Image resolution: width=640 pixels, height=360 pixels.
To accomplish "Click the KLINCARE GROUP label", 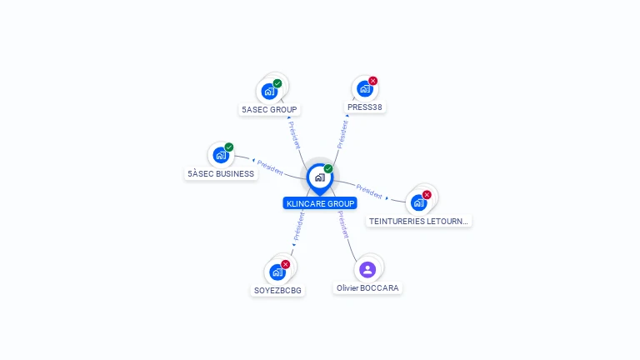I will pyautogui.click(x=320, y=203).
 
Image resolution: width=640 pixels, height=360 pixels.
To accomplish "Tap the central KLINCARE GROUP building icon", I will pyautogui.click(x=319, y=177).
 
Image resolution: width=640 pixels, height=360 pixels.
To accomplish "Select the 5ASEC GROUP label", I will pyautogui.click(x=269, y=109).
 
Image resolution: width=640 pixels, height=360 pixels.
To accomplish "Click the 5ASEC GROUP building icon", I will pyautogui.click(x=269, y=91).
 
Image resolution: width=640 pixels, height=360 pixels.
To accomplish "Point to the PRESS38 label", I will pyautogui.click(x=365, y=107).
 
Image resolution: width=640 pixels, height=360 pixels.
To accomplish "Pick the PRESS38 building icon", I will pyautogui.click(x=364, y=89).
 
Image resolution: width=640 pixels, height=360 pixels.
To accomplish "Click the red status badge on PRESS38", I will pyautogui.click(x=372, y=81).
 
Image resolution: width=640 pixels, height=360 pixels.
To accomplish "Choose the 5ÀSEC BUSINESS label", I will pyautogui.click(x=221, y=174).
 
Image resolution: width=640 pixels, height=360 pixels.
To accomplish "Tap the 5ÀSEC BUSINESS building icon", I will pyautogui.click(x=221, y=155).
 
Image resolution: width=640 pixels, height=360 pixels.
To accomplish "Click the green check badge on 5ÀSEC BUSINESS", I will pyautogui.click(x=229, y=147).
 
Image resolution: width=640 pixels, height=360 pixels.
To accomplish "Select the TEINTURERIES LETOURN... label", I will pyautogui.click(x=419, y=222).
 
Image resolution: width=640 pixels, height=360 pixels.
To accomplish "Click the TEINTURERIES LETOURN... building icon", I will pyautogui.click(x=418, y=202).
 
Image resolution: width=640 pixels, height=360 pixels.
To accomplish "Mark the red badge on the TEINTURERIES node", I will pyautogui.click(x=427, y=195).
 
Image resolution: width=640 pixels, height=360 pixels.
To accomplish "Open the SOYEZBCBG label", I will pyautogui.click(x=277, y=291).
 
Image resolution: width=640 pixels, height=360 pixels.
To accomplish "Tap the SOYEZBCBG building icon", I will pyautogui.click(x=277, y=272).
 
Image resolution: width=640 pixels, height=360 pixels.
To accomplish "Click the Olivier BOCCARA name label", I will pyautogui.click(x=367, y=288).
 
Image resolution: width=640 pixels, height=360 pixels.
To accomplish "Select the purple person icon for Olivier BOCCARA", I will pyautogui.click(x=367, y=269).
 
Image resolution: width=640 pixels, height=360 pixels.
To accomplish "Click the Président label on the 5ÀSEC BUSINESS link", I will pyautogui.click(x=270, y=167).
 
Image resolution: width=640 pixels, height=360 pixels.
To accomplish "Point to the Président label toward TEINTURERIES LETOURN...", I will pyautogui.click(x=369, y=191).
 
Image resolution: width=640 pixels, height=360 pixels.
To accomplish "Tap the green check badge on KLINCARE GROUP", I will pyautogui.click(x=328, y=169).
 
